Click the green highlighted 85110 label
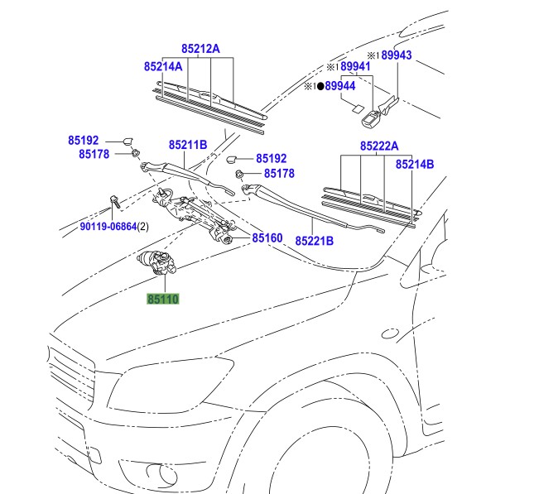point(163,300)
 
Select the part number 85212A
point(200,49)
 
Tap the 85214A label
point(162,66)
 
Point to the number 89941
point(356,66)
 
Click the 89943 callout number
point(396,55)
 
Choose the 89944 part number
point(340,86)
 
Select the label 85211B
point(188,145)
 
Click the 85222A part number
point(378,146)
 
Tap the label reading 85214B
point(415,165)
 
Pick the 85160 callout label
point(267,238)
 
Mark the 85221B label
point(315,241)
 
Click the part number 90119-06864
point(108,227)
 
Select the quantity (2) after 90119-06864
point(142,227)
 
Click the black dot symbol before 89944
point(320,86)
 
